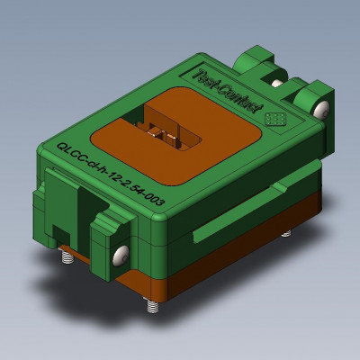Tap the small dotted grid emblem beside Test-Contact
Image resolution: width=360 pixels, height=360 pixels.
[x=276, y=117]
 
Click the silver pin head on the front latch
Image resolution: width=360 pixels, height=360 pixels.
[x=119, y=256]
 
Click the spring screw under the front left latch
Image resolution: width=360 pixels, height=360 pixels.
[x=69, y=259]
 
